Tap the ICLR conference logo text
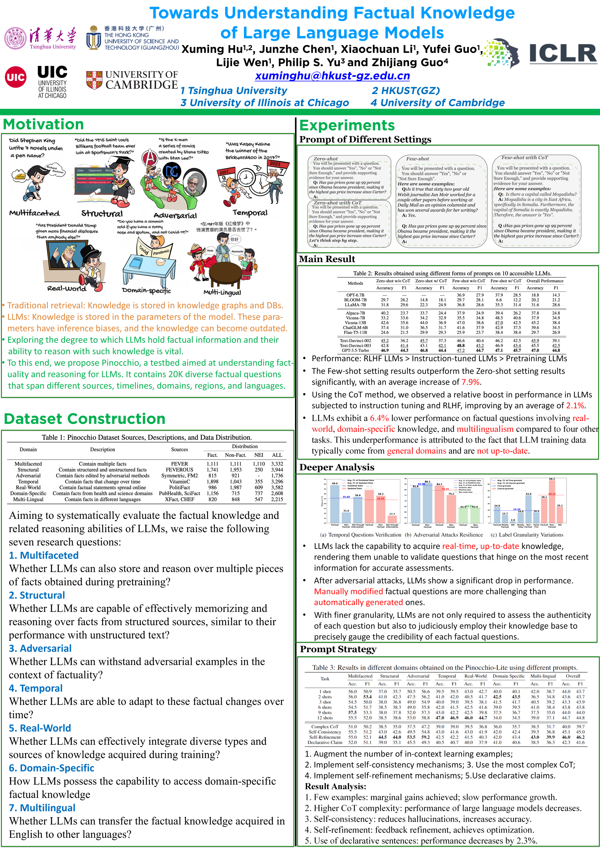point(562,54)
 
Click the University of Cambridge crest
point(94,80)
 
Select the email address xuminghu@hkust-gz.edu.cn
point(332,76)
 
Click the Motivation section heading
point(43,125)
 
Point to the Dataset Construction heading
point(85,419)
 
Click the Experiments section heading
point(347,125)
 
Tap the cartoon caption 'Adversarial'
point(175,215)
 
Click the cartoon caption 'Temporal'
point(250,213)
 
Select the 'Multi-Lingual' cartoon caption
point(222,292)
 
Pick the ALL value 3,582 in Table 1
point(277,488)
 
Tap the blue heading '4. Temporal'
point(36,688)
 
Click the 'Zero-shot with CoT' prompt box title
point(337,203)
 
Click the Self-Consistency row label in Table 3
point(325,732)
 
